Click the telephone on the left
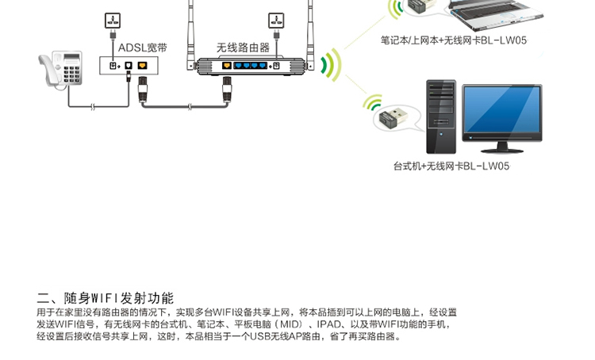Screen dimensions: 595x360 pyautogui.click(x=61, y=70)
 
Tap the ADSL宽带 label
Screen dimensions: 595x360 pyautogui.click(x=143, y=48)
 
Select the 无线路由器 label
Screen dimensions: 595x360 pyautogui.click(x=243, y=48)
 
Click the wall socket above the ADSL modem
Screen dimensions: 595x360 pyautogui.click(x=113, y=21)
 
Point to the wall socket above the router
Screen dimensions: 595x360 pyautogui.click(x=276, y=21)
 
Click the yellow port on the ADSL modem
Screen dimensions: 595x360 pyautogui.click(x=142, y=66)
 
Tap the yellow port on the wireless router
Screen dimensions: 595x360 pyautogui.click(x=227, y=66)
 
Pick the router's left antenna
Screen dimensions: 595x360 pyautogui.click(x=191, y=35)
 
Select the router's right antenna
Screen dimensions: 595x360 pyautogui.click(x=311, y=35)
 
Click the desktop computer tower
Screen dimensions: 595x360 pyautogui.click(x=441, y=117)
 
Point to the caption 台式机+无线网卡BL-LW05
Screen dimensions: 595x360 pyautogui.click(x=451, y=167)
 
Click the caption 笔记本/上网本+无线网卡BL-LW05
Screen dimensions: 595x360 pyautogui.click(x=454, y=40)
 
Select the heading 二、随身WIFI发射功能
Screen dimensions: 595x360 pyautogui.click(x=105, y=298)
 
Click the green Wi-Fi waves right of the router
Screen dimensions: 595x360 pyautogui.click(x=330, y=64)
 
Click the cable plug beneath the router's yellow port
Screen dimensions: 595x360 pyautogui.click(x=227, y=89)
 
